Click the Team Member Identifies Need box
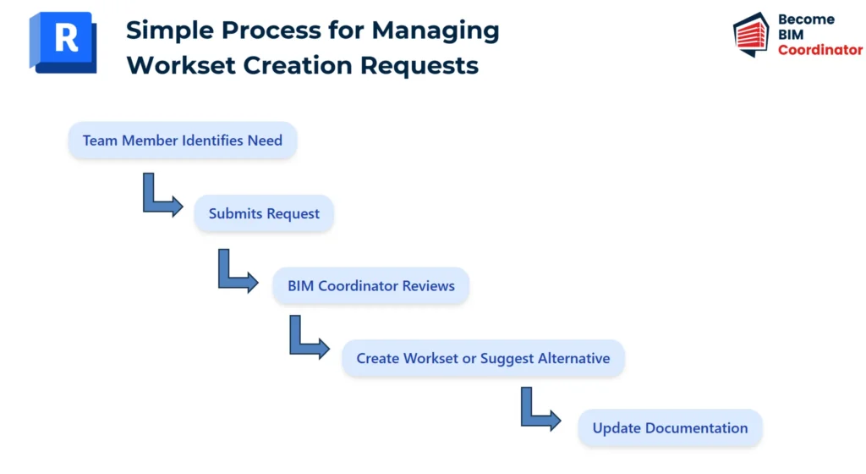(x=183, y=141)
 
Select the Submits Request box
(x=264, y=213)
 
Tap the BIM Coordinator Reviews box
(x=371, y=285)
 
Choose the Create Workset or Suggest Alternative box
(x=483, y=358)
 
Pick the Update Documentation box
(x=670, y=427)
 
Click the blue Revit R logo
(x=63, y=42)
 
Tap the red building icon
(x=751, y=34)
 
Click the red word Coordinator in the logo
(x=820, y=50)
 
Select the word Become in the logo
(x=806, y=19)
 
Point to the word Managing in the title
(x=436, y=31)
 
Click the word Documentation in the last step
(x=697, y=427)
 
